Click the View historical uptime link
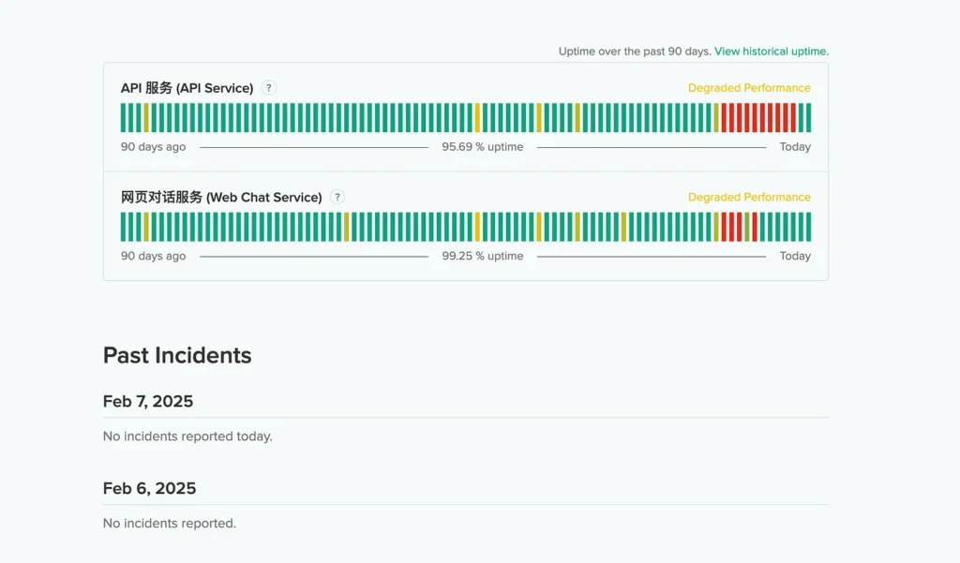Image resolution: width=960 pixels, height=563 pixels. click(x=771, y=52)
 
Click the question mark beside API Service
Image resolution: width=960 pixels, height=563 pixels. click(x=269, y=88)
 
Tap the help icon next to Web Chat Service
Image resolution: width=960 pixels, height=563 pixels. click(x=337, y=198)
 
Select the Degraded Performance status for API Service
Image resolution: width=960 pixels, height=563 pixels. click(x=749, y=88)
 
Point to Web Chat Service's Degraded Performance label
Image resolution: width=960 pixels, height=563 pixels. click(x=749, y=198)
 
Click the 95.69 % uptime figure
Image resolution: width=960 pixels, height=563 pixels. click(x=482, y=147)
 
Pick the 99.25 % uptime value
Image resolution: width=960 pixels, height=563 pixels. click(x=482, y=257)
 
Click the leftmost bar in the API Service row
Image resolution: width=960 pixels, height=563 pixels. click(x=124, y=118)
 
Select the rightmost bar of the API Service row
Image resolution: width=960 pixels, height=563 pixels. click(x=808, y=118)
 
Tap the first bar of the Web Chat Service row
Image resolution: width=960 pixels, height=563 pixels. click(x=124, y=227)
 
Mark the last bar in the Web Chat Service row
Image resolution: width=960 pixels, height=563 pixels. click(x=808, y=227)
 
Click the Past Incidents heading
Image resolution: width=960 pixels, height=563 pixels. click(x=177, y=356)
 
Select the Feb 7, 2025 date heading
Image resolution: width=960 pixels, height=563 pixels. click(x=148, y=402)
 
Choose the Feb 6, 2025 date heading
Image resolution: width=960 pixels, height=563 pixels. click(x=149, y=489)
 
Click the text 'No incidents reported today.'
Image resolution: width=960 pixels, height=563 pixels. click(x=187, y=437)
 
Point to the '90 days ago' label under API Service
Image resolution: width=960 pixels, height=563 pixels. click(x=153, y=147)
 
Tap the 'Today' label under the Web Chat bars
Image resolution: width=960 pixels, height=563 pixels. click(x=795, y=257)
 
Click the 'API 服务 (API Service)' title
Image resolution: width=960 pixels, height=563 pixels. click(x=187, y=88)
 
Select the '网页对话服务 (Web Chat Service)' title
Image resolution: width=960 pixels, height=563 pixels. click(x=221, y=198)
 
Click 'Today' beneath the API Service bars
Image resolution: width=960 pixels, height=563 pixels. click(x=795, y=147)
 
